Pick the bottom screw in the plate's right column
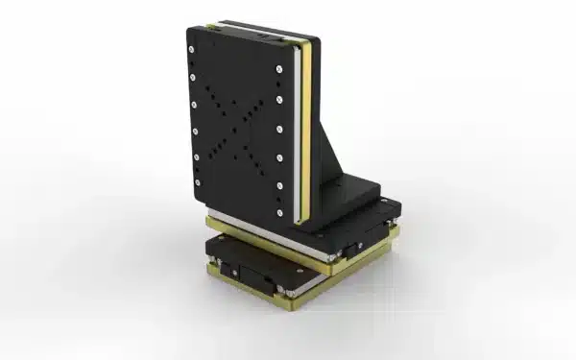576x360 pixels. (279, 212)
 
